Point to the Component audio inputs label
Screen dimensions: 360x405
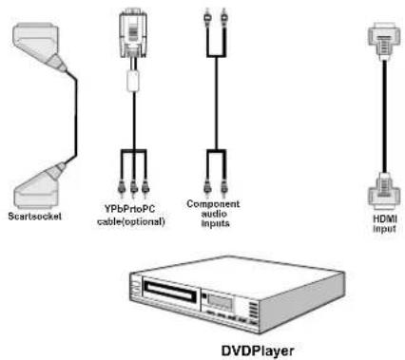(212, 214)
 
